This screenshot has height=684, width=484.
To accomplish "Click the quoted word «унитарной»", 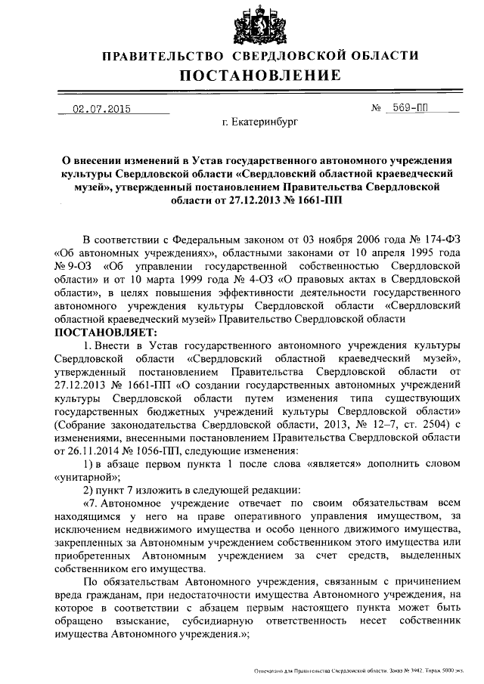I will pos(85,477).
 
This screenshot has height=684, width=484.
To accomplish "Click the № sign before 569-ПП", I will pos(376,108).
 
